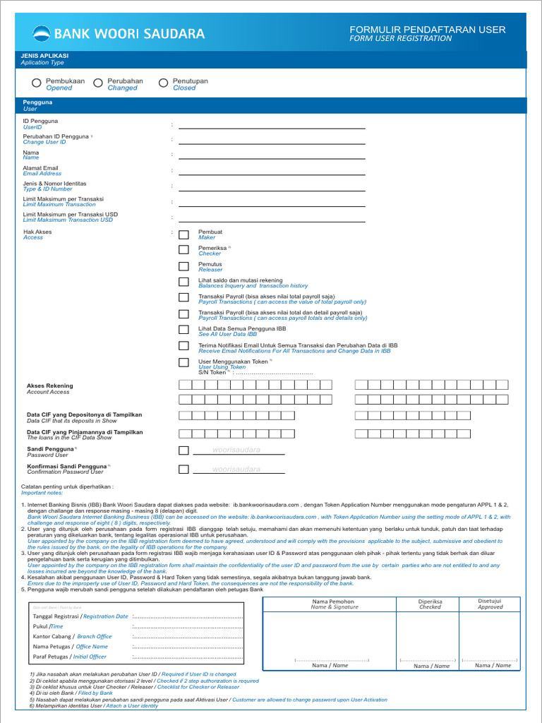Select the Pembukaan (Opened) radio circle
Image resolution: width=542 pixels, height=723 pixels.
click(36, 83)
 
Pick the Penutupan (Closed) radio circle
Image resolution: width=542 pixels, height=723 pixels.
click(164, 83)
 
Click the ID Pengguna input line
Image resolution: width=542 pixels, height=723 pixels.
click(272, 128)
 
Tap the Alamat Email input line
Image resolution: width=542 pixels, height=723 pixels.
click(272, 174)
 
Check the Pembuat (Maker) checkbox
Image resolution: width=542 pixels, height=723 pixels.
click(183, 234)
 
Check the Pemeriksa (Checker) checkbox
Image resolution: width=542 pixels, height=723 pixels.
click(183, 250)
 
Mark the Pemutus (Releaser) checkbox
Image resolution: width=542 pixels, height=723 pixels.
click(183, 266)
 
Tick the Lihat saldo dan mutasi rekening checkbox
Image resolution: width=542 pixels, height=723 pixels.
click(183, 282)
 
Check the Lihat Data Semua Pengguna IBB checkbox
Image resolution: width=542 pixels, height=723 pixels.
click(183, 330)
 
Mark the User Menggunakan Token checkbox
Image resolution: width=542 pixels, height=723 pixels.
click(183, 362)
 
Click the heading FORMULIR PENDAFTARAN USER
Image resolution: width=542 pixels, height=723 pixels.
click(428, 29)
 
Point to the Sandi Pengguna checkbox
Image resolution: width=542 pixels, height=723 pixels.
click(183, 450)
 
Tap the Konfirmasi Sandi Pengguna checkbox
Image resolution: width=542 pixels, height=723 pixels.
click(183, 470)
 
